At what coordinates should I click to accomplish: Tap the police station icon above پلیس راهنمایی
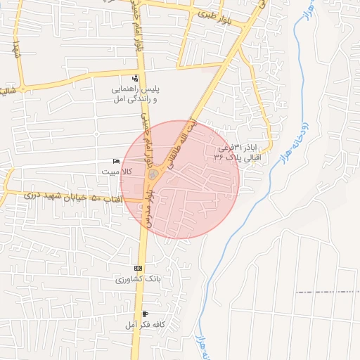[x=135, y=78]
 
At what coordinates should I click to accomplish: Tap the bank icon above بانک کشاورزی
[x=138, y=269]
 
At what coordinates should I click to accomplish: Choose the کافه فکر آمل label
[x=143, y=324]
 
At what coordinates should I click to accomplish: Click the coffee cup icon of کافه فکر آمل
[x=145, y=314]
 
